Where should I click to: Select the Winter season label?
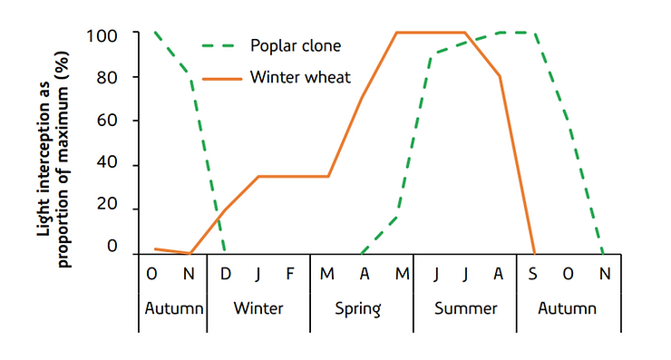[258, 308]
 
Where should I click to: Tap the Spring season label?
[362, 308]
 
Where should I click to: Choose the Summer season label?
[465, 308]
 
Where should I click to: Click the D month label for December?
[224, 272]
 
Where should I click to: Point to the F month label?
[290, 272]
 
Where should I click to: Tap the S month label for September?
[534, 272]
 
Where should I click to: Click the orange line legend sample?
[222, 78]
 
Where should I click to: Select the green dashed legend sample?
[222, 44]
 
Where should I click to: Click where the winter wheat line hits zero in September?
[534, 253]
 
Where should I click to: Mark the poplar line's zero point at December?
[224, 253]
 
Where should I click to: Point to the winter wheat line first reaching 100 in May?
[396, 33]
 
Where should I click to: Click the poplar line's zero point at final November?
[603, 253]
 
